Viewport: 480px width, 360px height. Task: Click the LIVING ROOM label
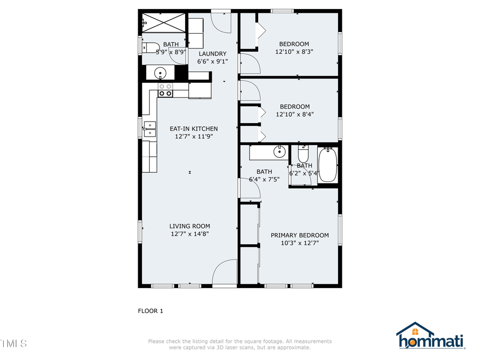pyautogui.click(x=189, y=226)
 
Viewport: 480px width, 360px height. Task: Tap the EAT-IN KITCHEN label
pyautogui.click(x=194, y=129)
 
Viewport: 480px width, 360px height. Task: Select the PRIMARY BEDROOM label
pyautogui.click(x=299, y=235)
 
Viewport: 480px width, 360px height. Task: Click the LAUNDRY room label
pyautogui.click(x=212, y=53)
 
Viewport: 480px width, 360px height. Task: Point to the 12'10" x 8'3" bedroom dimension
pyautogui.click(x=294, y=52)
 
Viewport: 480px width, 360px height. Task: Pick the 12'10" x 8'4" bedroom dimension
pyautogui.click(x=294, y=114)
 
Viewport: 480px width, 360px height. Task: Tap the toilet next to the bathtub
pyautogui.click(x=303, y=155)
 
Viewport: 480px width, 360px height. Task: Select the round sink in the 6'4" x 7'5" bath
pyautogui.click(x=279, y=152)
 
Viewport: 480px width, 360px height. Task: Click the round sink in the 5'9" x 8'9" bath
pyautogui.click(x=160, y=73)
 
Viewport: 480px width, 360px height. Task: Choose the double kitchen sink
pyautogui.click(x=149, y=129)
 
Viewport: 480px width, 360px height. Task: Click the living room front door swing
pyautogui.click(x=225, y=272)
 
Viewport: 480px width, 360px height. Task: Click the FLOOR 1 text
pyautogui.click(x=150, y=311)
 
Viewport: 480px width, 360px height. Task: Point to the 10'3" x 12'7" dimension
pyautogui.click(x=299, y=243)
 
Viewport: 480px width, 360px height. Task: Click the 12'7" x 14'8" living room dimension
pyautogui.click(x=189, y=234)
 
